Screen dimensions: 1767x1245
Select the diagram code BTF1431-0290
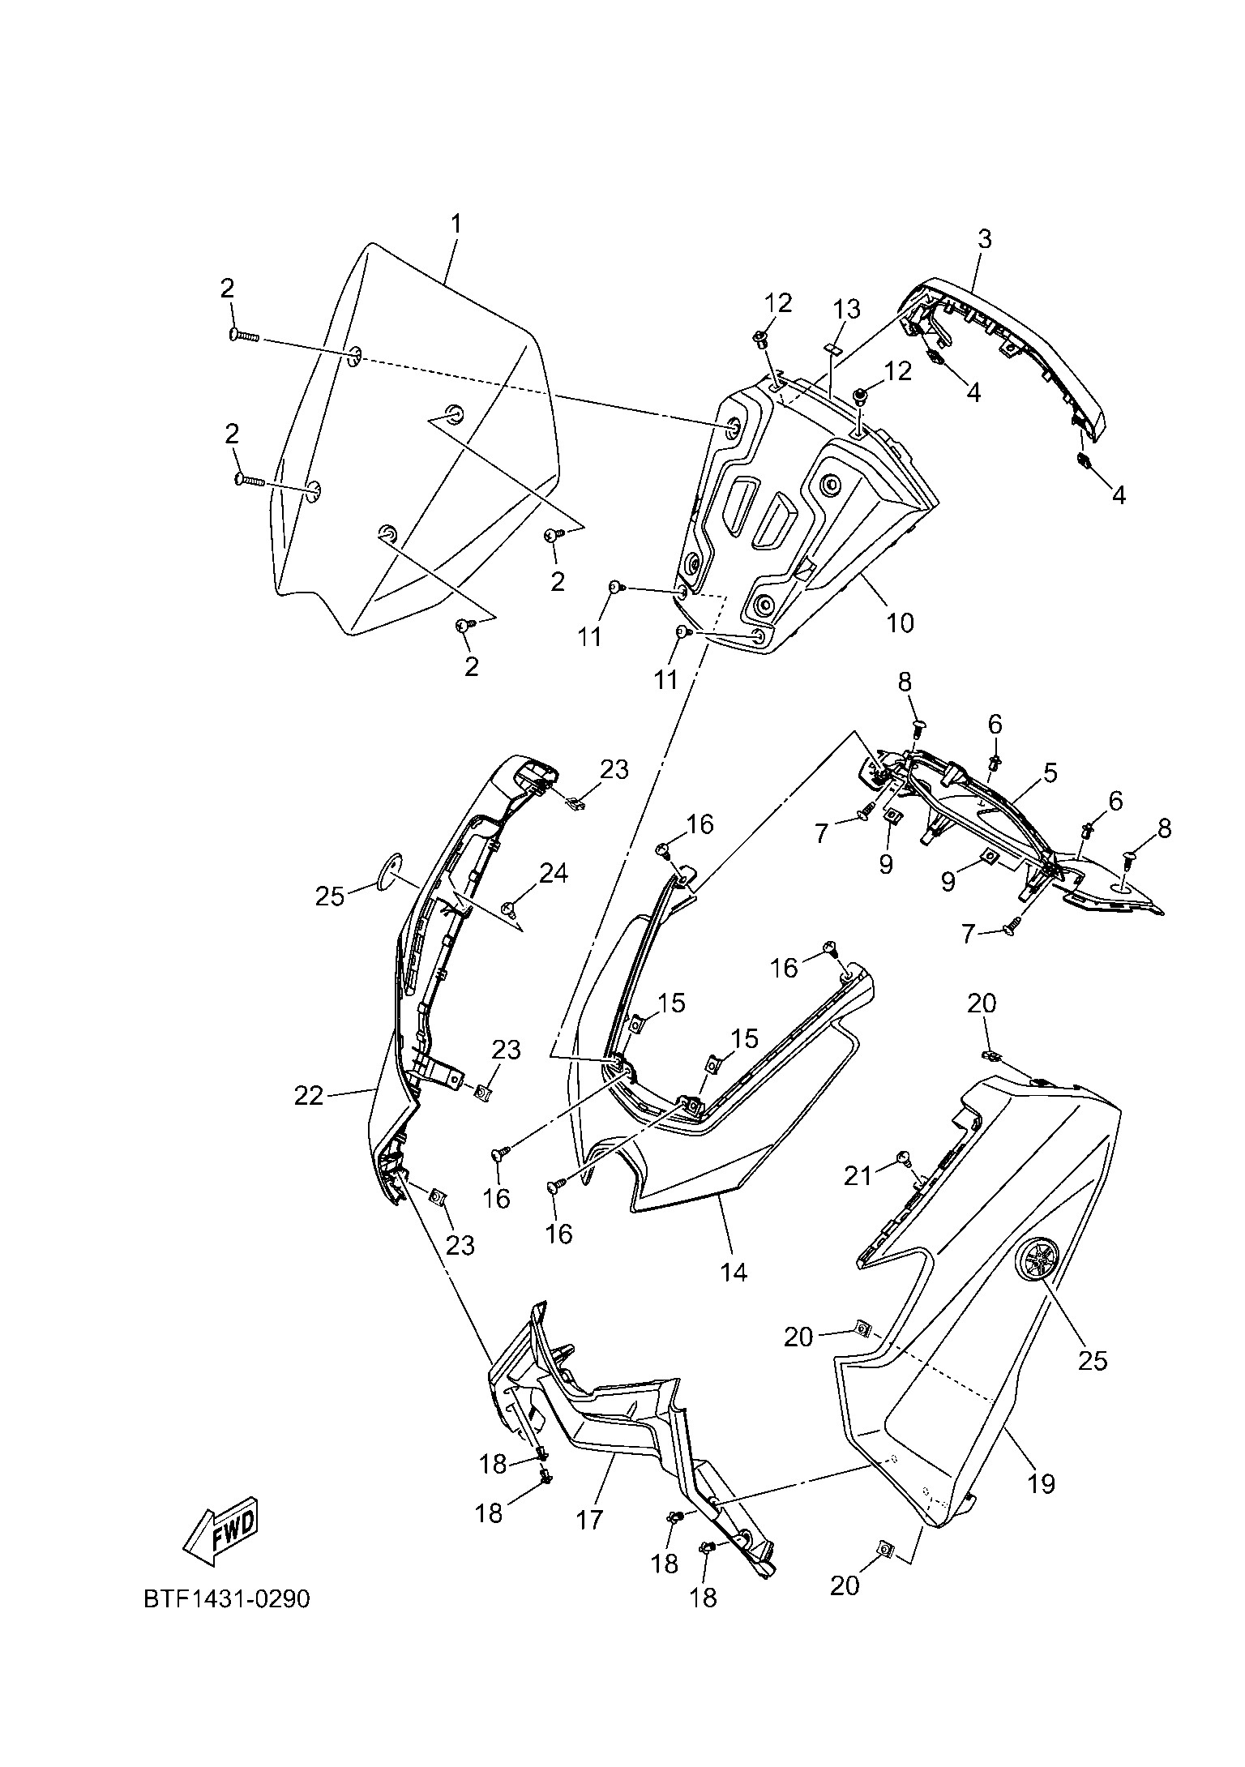[226, 1599]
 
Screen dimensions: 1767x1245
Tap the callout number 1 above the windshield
[456, 224]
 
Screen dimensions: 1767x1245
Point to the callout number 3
[985, 239]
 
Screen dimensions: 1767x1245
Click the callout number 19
[1042, 1484]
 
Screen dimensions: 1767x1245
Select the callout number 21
[858, 1175]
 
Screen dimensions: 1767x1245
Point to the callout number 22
[308, 1096]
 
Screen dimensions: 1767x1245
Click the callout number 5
[1050, 773]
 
